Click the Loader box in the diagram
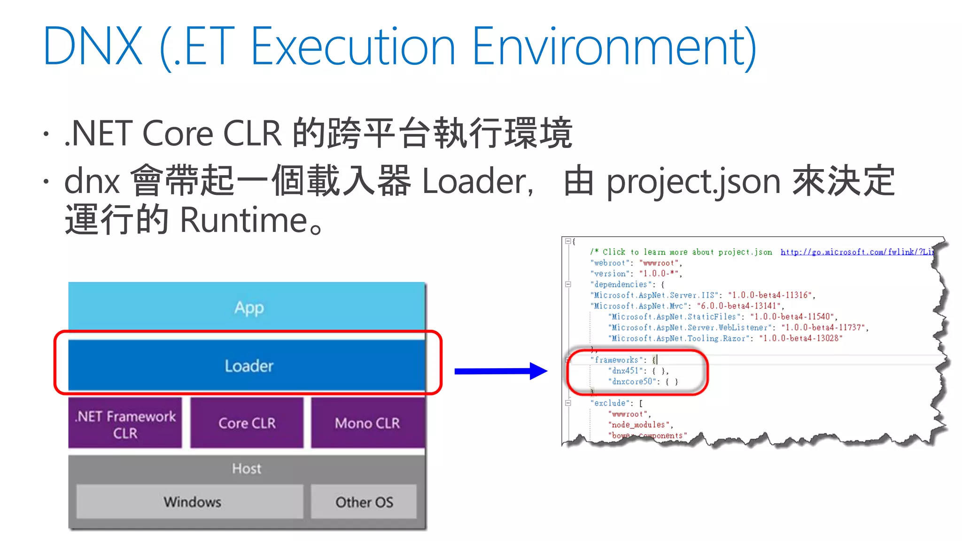(x=248, y=365)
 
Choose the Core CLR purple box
(x=247, y=423)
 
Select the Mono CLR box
(x=367, y=423)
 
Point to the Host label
(x=247, y=468)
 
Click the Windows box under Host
(x=192, y=502)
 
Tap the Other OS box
(x=364, y=502)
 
